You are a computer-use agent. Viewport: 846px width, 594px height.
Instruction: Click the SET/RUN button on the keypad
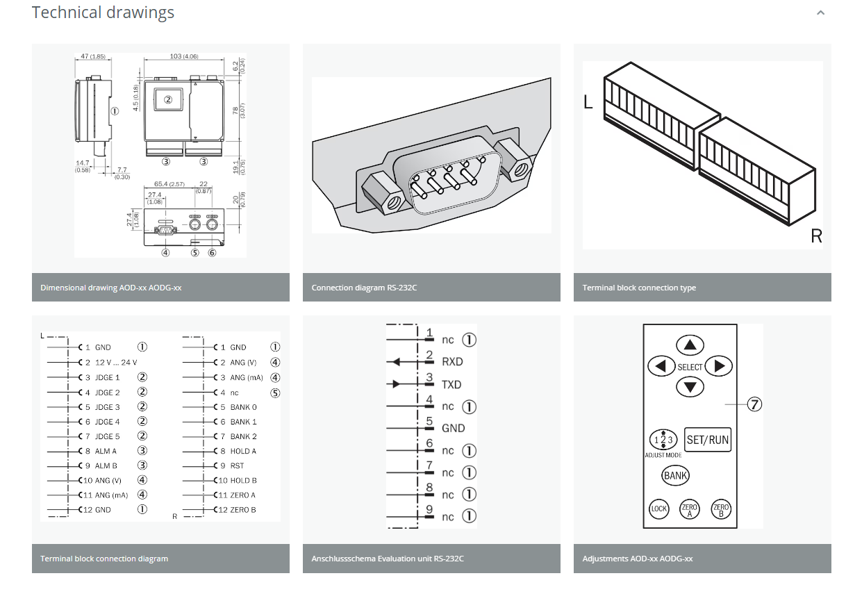click(707, 440)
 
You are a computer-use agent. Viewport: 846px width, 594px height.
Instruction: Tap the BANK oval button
click(675, 476)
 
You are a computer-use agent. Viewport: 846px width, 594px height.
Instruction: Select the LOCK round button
click(658, 509)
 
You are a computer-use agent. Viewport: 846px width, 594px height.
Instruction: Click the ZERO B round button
click(721, 509)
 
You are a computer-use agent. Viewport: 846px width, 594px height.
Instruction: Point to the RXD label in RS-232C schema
click(452, 362)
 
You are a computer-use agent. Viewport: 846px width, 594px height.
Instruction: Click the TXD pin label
click(451, 384)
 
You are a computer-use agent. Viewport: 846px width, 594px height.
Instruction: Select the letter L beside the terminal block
click(588, 103)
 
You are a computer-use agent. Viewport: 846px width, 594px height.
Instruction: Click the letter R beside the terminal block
click(816, 236)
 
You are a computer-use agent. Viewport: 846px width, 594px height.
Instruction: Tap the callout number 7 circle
click(754, 404)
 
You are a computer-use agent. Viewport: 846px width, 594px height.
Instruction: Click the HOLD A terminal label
click(243, 451)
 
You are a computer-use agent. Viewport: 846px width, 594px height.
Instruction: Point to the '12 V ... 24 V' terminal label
click(116, 362)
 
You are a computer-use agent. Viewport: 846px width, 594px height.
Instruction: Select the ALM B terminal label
click(106, 465)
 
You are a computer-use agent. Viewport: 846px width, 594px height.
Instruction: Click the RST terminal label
click(237, 465)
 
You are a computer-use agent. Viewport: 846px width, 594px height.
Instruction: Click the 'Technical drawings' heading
click(103, 13)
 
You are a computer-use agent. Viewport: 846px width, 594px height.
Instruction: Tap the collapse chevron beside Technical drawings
click(820, 13)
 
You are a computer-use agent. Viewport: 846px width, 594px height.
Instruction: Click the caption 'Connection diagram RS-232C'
click(364, 288)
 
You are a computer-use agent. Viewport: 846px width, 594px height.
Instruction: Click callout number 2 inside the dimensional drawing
click(167, 99)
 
